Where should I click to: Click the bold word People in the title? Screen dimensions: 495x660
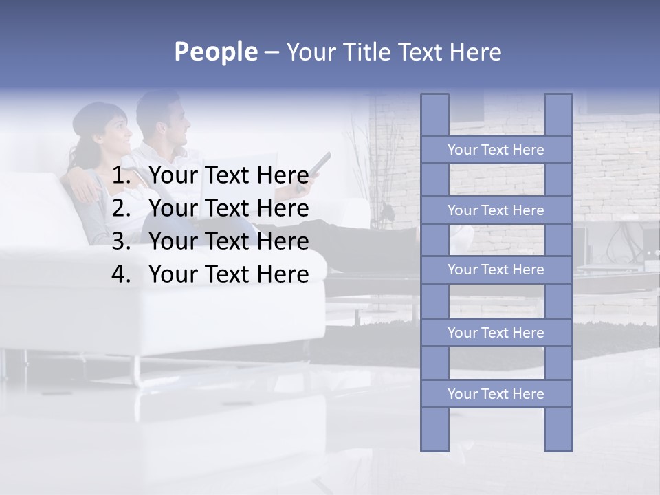tap(215, 52)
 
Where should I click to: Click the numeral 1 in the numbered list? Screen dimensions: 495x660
tap(121, 176)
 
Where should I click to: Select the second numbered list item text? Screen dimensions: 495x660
tap(228, 208)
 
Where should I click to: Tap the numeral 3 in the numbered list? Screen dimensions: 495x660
tap(121, 241)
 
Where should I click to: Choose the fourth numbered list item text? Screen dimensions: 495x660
tap(228, 274)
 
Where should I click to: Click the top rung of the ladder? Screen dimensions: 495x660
tap(496, 150)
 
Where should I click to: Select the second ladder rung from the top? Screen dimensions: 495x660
tap(496, 210)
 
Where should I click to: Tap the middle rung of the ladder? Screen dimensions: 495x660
tap(496, 269)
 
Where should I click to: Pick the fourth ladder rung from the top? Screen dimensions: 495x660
tap(496, 333)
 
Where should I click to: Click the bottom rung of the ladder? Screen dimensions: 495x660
tap(496, 394)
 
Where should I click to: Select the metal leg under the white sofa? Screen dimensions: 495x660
tap(137, 371)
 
